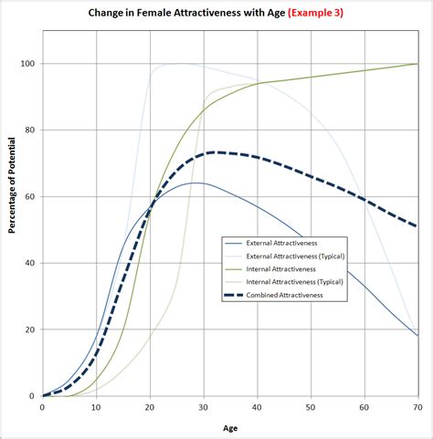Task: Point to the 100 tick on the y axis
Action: [x=27, y=64]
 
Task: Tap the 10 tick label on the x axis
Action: [x=96, y=406]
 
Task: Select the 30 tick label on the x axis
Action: [x=204, y=406]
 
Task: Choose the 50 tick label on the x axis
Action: [x=311, y=406]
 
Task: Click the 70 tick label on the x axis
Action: [x=417, y=406]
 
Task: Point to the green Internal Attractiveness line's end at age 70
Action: [x=417, y=64]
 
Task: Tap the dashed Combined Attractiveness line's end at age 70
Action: [x=417, y=226]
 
